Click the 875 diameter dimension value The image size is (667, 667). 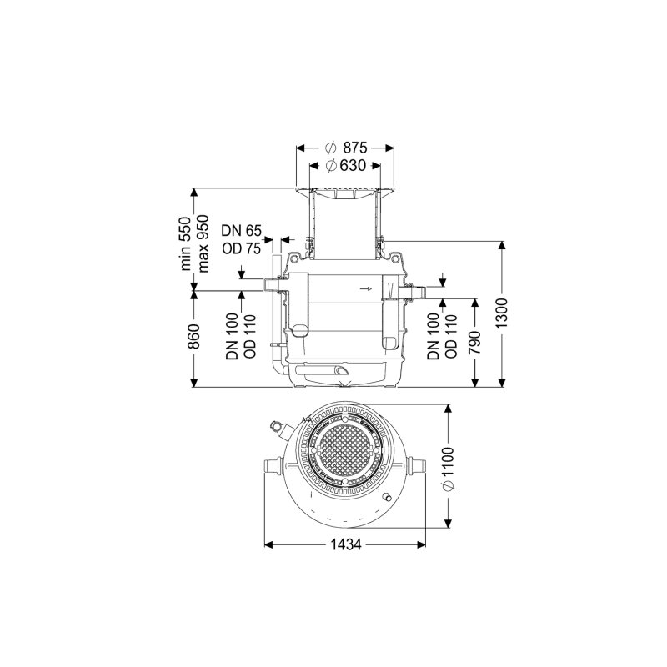coord(355,148)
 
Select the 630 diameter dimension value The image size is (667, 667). coord(353,165)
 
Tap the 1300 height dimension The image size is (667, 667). coord(503,313)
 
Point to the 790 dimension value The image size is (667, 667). coord(474,343)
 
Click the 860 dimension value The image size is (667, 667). coord(194,336)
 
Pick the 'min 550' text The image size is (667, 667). coord(186,243)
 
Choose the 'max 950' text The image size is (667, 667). coord(203,243)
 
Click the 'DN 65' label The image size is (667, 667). coord(241,231)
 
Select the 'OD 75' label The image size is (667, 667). coord(241,248)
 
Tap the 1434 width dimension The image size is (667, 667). coord(346,544)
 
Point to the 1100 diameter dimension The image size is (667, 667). coord(449,468)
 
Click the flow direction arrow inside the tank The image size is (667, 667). coord(365,288)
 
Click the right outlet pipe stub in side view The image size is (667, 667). coord(416,293)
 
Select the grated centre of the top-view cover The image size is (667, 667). coord(344,452)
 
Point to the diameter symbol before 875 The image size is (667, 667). coord(330,148)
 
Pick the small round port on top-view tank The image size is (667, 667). coord(387,496)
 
